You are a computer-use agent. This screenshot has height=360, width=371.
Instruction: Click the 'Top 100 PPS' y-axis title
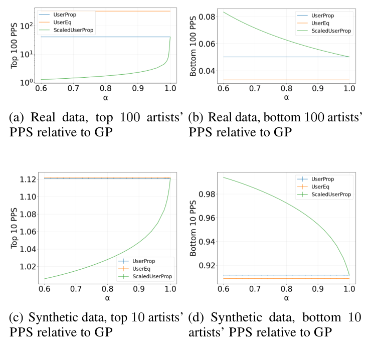point(17,46)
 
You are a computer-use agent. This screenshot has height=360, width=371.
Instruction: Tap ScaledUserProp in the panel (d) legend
point(326,195)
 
